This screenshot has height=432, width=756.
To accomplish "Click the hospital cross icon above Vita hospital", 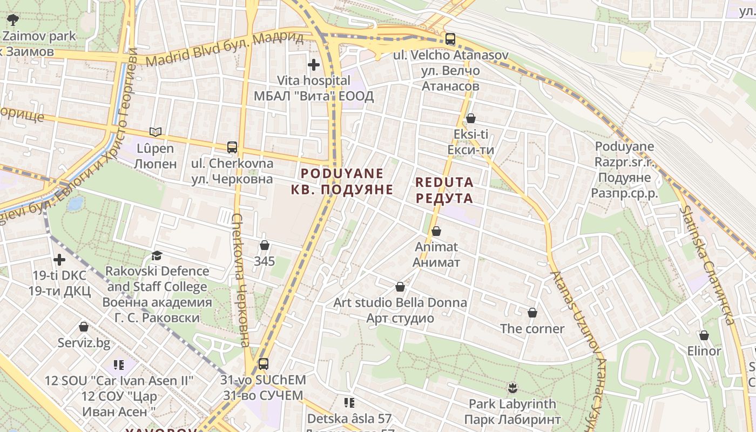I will click(313, 65).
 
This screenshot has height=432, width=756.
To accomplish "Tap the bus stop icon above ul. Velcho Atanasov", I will click(450, 39).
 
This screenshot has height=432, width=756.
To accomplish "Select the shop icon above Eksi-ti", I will click(471, 118).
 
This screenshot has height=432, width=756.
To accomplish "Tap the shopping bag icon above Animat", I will click(436, 231).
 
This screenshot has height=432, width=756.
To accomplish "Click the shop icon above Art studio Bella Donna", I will click(400, 286).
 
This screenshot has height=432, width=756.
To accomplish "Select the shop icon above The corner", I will click(532, 313).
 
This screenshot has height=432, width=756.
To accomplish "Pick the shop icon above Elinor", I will click(704, 335).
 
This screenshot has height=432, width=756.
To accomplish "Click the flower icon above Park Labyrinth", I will click(512, 387).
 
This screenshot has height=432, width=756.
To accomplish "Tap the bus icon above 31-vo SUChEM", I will click(263, 364).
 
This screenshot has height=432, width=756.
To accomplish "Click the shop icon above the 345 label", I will click(265, 245).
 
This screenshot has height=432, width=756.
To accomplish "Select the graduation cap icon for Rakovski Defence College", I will click(157, 255).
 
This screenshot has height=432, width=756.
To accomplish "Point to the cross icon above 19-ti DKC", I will click(59, 260).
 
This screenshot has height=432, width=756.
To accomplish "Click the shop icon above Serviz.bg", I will click(84, 327).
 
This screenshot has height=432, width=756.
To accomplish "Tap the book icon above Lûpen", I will click(156, 132).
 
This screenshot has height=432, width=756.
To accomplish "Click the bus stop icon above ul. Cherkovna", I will click(232, 147).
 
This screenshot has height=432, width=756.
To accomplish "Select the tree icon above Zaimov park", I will click(13, 21).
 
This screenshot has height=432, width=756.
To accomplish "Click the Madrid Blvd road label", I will click(224, 49).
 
